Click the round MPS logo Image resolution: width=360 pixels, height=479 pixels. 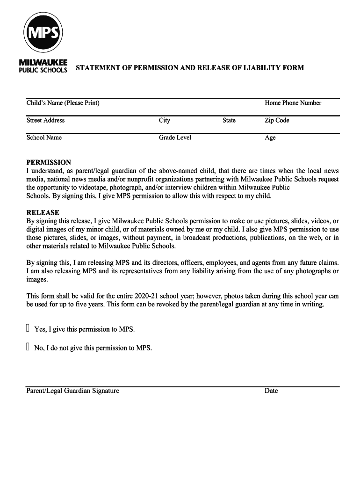(x=43, y=32)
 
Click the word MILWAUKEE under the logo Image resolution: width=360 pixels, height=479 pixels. (x=43, y=62)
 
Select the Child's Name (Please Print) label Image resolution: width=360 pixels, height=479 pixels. (x=63, y=103)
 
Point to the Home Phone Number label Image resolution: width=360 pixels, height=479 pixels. (x=293, y=103)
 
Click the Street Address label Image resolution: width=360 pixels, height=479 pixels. (x=45, y=120)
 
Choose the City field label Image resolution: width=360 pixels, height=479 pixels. (x=164, y=120)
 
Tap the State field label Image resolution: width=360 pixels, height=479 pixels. (x=229, y=120)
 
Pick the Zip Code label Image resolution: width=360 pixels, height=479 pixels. (x=277, y=120)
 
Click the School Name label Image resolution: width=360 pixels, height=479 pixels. (x=44, y=138)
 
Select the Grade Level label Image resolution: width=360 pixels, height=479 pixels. (x=175, y=138)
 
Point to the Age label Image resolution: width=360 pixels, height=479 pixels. (x=270, y=138)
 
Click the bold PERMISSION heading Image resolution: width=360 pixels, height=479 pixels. (x=49, y=162)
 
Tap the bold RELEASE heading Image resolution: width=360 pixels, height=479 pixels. (x=43, y=212)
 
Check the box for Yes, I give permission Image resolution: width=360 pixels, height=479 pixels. (x=28, y=328)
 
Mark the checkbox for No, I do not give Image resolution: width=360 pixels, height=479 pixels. (x=28, y=347)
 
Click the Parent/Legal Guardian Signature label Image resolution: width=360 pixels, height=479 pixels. (x=72, y=391)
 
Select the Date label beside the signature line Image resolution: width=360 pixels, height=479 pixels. (x=271, y=391)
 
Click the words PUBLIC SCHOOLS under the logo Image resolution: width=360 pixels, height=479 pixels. (x=43, y=70)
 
